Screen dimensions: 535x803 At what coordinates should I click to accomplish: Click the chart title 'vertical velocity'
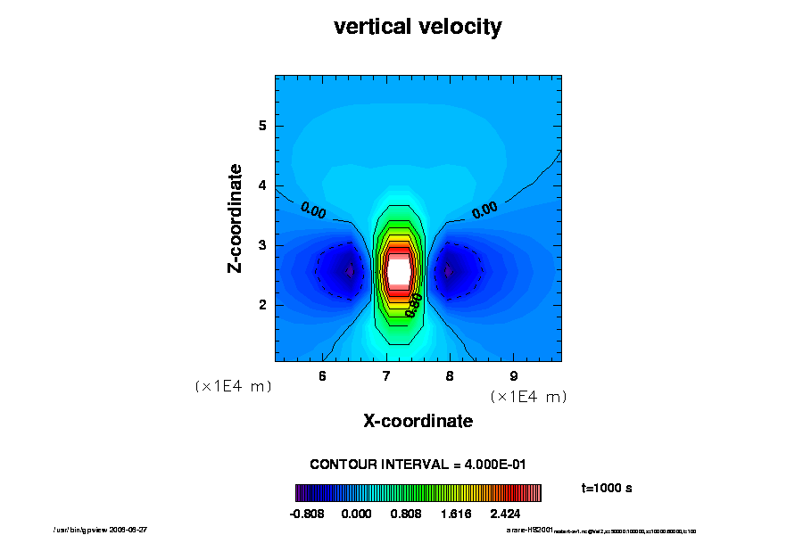pos(418,28)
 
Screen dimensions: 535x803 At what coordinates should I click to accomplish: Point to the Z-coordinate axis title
pos(236,218)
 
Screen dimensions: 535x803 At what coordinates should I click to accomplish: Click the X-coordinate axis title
pos(418,421)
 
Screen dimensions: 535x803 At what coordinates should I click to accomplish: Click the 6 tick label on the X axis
pos(322,375)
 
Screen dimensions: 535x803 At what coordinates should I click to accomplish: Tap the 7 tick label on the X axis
pos(386,375)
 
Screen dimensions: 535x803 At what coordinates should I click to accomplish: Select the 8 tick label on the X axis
pos(450,375)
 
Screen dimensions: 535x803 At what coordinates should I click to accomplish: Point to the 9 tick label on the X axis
pos(513,375)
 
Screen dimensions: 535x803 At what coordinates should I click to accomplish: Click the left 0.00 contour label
pos(313,210)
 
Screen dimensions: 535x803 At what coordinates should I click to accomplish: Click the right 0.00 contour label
pos(484,210)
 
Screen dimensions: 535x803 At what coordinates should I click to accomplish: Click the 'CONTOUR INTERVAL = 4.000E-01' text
pos(418,465)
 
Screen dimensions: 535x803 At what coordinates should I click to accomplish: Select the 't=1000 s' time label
pos(607,488)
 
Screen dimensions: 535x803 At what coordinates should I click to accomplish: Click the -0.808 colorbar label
pos(308,514)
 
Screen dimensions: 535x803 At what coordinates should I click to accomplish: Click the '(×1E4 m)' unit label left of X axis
pos(233,387)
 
